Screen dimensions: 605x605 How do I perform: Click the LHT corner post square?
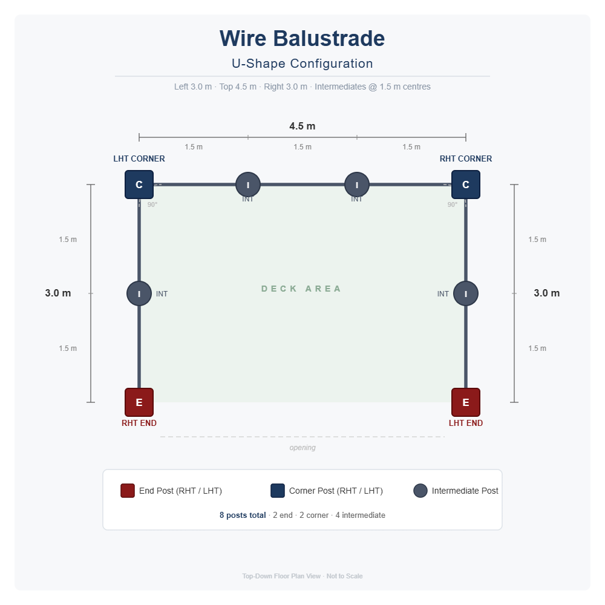click(x=139, y=185)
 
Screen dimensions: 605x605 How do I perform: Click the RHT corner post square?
click(x=466, y=185)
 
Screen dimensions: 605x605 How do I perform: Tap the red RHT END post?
click(x=139, y=402)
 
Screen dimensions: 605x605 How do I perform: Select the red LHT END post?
click(x=466, y=402)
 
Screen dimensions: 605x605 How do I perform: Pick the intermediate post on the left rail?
click(x=139, y=293)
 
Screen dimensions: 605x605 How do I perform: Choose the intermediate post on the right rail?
click(x=466, y=293)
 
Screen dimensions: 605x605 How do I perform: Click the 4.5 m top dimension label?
click(x=302, y=126)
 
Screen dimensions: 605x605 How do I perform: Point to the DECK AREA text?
click(x=301, y=289)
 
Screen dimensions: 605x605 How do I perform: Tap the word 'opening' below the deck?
click(x=302, y=448)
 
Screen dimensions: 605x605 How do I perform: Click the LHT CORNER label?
click(x=139, y=159)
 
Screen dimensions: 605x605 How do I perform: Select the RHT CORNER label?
click(x=466, y=159)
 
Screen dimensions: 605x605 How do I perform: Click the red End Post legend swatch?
click(x=128, y=491)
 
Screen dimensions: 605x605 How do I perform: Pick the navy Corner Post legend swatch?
click(x=278, y=491)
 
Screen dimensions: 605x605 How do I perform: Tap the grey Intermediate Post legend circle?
click(x=420, y=491)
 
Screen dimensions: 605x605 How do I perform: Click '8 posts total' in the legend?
click(x=243, y=515)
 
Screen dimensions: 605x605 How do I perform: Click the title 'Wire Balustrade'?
click(x=302, y=39)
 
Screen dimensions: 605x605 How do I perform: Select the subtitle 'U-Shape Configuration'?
click(x=302, y=64)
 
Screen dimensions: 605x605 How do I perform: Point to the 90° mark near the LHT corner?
click(x=152, y=204)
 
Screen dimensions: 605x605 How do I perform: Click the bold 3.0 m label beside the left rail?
click(x=58, y=293)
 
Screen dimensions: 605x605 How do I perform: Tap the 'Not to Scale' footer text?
click(x=345, y=576)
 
